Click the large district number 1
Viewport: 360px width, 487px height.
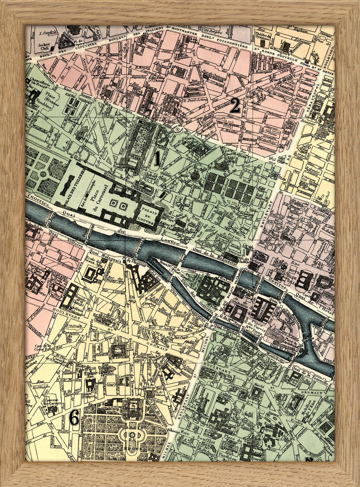[157, 158]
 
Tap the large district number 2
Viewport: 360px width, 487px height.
[235, 106]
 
